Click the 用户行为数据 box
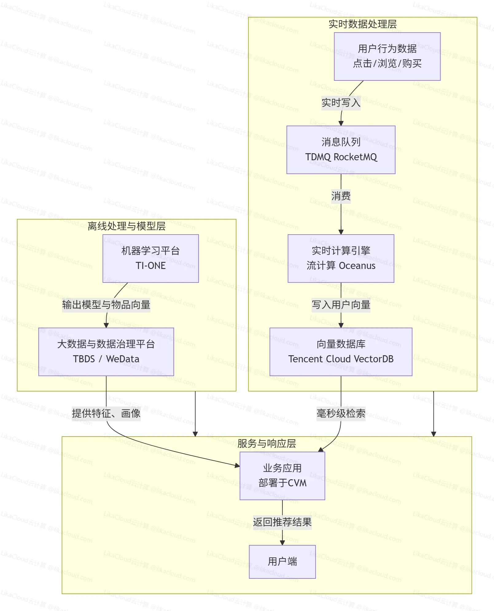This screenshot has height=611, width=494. [387, 56]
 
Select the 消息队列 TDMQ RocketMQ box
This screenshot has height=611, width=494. [341, 150]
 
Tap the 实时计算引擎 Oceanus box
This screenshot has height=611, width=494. [341, 259]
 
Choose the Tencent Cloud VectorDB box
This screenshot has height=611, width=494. [341, 352]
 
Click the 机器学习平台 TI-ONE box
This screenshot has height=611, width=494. [150, 259]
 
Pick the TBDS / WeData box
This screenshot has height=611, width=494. [106, 352]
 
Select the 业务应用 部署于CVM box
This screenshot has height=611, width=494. [282, 476]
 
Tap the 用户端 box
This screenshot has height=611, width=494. [282, 562]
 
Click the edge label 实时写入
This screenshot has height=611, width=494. [341, 103]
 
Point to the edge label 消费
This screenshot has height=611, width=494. [341, 196]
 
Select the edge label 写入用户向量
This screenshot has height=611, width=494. [341, 305]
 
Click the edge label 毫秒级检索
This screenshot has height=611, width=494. [341, 413]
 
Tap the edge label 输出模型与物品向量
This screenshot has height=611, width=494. [106, 305]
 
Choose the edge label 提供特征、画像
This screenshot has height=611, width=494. [106, 413]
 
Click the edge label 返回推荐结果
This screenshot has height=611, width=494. [282, 522]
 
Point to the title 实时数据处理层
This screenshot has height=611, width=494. [362, 24]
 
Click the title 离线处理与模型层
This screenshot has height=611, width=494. [126, 226]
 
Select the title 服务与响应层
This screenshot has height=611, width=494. [266, 443]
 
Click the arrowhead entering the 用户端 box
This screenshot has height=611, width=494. [282, 543]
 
